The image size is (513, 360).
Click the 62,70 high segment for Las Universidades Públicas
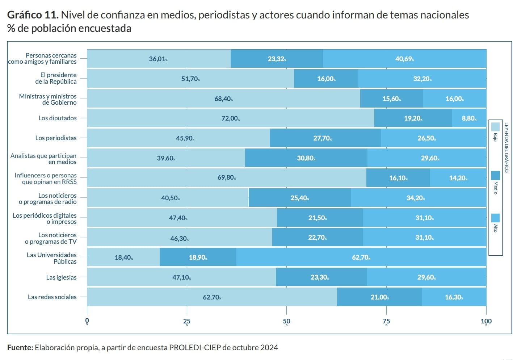[x=361, y=257]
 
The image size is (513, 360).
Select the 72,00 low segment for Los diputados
[x=230, y=118]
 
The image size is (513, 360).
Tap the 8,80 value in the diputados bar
[x=469, y=118]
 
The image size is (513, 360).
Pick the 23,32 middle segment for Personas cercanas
[x=277, y=59]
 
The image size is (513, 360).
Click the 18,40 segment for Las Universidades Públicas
[x=123, y=257]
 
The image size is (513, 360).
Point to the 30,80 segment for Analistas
[x=306, y=158]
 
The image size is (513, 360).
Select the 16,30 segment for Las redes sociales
[x=454, y=297]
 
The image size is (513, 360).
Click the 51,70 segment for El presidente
[x=190, y=79]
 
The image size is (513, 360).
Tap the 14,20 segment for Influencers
[x=458, y=178]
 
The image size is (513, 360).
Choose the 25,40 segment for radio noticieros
[x=299, y=198]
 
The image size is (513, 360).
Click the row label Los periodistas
[x=56, y=138]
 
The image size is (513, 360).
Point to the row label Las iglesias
[x=61, y=277]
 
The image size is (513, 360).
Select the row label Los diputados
[x=58, y=118]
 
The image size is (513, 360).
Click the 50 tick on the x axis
[x=286, y=321]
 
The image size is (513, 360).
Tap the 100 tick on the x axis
[x=486, y=321]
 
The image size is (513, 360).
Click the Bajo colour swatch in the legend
[x=495, y=127]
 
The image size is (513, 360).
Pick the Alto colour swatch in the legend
[x=495, y=218]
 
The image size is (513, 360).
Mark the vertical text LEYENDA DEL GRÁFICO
[x=506, y=147]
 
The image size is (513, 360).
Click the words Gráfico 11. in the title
[x=33, y=15]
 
